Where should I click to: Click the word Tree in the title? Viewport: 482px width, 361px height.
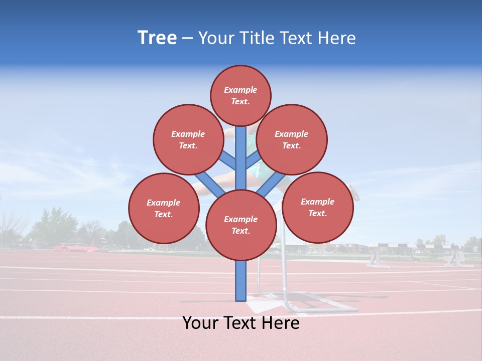[157, 38]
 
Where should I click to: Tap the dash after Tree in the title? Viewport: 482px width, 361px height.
[187, 39]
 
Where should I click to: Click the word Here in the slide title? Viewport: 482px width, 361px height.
[336, 38]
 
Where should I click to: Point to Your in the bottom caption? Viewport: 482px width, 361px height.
[200, 323]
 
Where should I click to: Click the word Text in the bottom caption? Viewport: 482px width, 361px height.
[241, 323]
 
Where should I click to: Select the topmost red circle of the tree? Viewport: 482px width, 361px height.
[240, 95]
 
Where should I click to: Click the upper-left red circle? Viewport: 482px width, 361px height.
[188, 139]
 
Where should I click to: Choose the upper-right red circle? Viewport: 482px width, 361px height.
[292, 139]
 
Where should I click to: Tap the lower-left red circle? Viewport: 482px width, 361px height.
[164, 208]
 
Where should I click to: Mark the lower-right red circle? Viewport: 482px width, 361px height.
[317, 207]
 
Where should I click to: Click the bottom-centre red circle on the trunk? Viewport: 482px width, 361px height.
[241, 225]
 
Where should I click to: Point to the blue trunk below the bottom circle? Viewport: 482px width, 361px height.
[241, 281]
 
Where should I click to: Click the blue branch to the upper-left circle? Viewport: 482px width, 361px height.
[228, 160]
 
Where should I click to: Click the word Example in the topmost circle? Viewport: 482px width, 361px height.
[240, 90]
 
